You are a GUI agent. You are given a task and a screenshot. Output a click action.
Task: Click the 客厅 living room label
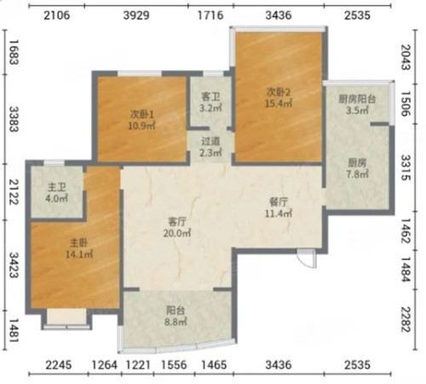click(x=177, y=221)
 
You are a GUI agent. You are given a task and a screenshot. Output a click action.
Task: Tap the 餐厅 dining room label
click(x=279, y=202)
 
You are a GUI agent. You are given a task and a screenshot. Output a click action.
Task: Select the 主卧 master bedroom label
click(x=79, y=242)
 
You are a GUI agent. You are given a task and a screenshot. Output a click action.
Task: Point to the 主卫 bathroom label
click(x=56, y=187)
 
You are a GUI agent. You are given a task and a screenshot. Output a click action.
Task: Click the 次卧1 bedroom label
click(x=141, y=114)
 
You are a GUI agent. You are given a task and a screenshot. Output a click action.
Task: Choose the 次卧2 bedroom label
click(x=279, y=92)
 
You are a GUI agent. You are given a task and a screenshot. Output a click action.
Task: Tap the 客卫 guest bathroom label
click(x=210, y=97)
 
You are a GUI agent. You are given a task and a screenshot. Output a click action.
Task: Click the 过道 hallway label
click(x=210, y=142)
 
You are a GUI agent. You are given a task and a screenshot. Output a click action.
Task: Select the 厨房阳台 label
click(x=357, y=99)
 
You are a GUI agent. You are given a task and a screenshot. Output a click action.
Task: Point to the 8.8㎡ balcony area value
click(x=176, y=322)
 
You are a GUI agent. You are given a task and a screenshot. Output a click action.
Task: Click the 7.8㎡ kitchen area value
click(x=357, y=173)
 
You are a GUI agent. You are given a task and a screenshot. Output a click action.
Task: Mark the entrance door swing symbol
click(x=307, y=259)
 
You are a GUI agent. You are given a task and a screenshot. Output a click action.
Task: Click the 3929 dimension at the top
click(x=136, y=15)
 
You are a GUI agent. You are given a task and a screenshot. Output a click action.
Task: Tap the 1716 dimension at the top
click(x=210, y=15)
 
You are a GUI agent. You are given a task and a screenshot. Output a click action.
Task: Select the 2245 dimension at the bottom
click(x=59, y=364)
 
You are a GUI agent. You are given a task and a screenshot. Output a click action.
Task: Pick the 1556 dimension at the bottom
click(x=174, y=364)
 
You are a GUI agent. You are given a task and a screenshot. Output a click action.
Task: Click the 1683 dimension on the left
click(x=14, y=52)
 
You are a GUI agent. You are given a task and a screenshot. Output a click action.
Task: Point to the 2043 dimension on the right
click(x=406, y=57)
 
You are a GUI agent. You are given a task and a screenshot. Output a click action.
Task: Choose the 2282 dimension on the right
click(x=406, y=319)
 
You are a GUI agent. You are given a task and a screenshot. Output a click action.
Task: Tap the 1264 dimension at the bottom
click(x=104, y=364)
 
